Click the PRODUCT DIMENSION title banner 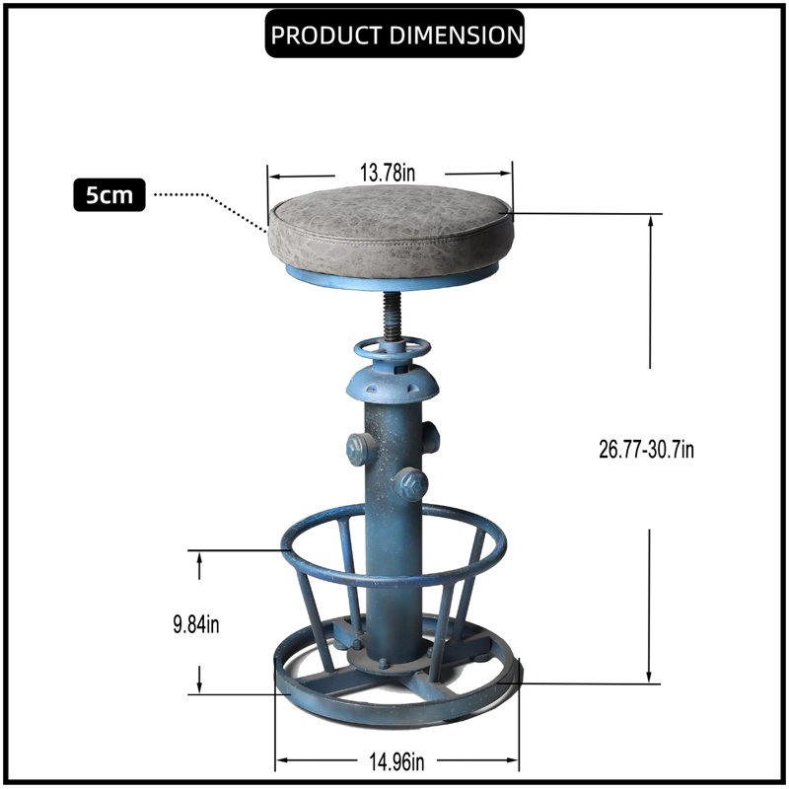[x=394, y=34]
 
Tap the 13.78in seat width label [x=388, y=173]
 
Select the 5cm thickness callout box [x=109, y=194]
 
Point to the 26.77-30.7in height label [x=646, y=449]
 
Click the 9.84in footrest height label [x=196, y=624]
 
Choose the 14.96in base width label [x=396, y=761]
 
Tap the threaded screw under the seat [x=393, y=318]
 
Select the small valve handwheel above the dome [x=393, y=348]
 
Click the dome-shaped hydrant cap [x=393, y=384]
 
